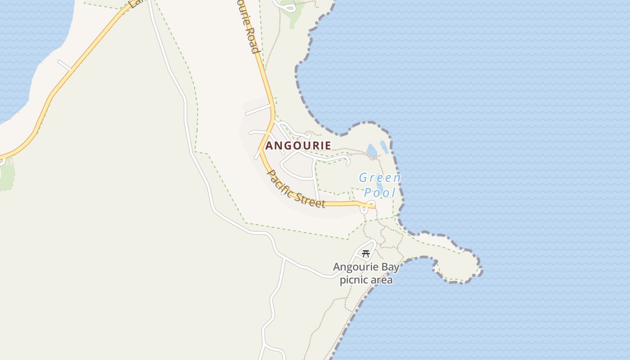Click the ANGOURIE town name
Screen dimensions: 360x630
click(298, 145)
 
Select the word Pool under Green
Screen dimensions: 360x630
click(379, 193)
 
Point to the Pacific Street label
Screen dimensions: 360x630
click(296, 188)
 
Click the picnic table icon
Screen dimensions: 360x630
click(366, 254)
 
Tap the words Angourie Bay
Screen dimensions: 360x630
click(366, 267)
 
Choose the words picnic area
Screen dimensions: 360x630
click(366, 280)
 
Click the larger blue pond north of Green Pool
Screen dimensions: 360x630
click(372, 151)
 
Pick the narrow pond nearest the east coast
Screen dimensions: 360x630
click(384, 147)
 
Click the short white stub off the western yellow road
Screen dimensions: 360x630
click(64, 65)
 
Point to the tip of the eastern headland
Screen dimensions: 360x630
click(480, 270)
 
